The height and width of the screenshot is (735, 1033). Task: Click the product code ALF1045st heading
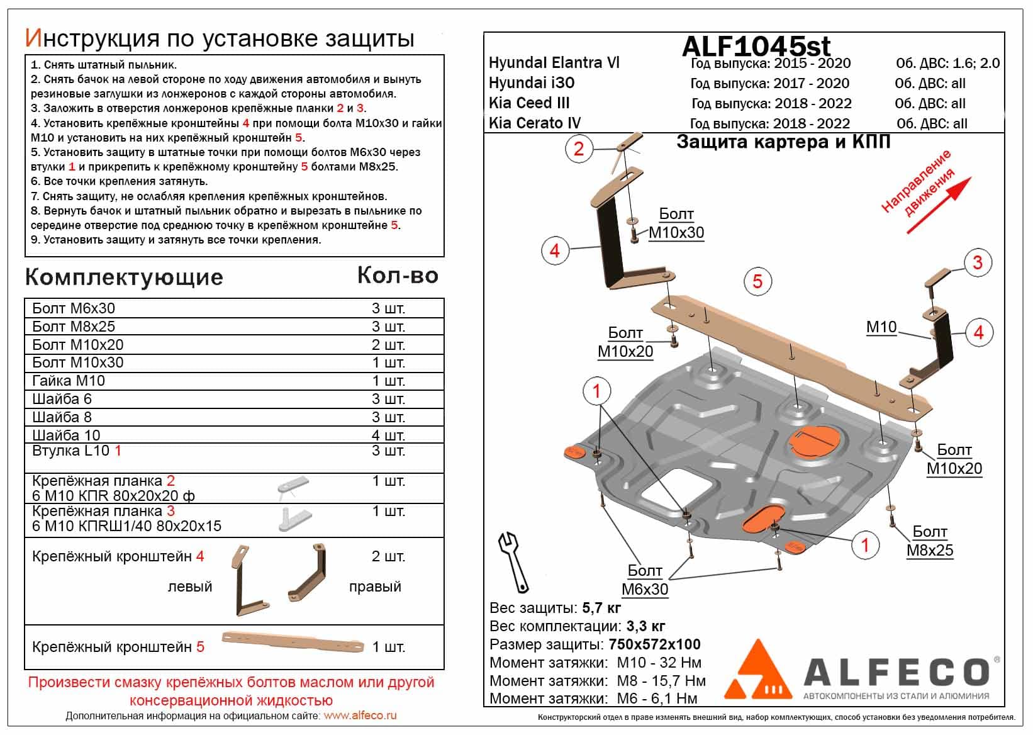tap(756, 46)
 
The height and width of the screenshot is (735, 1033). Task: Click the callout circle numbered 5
tap(757, 281)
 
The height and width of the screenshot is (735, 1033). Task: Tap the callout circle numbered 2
tap(579, 149)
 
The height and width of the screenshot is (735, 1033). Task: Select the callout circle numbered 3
tap(977, 262)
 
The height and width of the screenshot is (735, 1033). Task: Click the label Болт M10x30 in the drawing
tap(676, 223)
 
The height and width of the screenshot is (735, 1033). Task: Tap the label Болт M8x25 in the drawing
tap(929, 541)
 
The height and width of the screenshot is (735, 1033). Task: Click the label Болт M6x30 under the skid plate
tap(645, 580)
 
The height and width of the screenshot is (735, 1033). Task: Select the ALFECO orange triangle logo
tap(759, 671)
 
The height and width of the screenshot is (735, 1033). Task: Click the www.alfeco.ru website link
tap(360, 715)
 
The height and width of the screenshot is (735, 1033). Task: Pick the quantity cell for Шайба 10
tap(388, 435)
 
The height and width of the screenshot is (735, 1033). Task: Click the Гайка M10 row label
tap(69, 381)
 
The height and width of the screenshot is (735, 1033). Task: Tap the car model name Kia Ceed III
tap(529, 103)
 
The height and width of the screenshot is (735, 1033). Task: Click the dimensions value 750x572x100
tap(654, 644)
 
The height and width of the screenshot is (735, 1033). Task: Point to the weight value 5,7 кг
tap(601, 608)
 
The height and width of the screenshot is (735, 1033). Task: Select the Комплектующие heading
tap(124, 278)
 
